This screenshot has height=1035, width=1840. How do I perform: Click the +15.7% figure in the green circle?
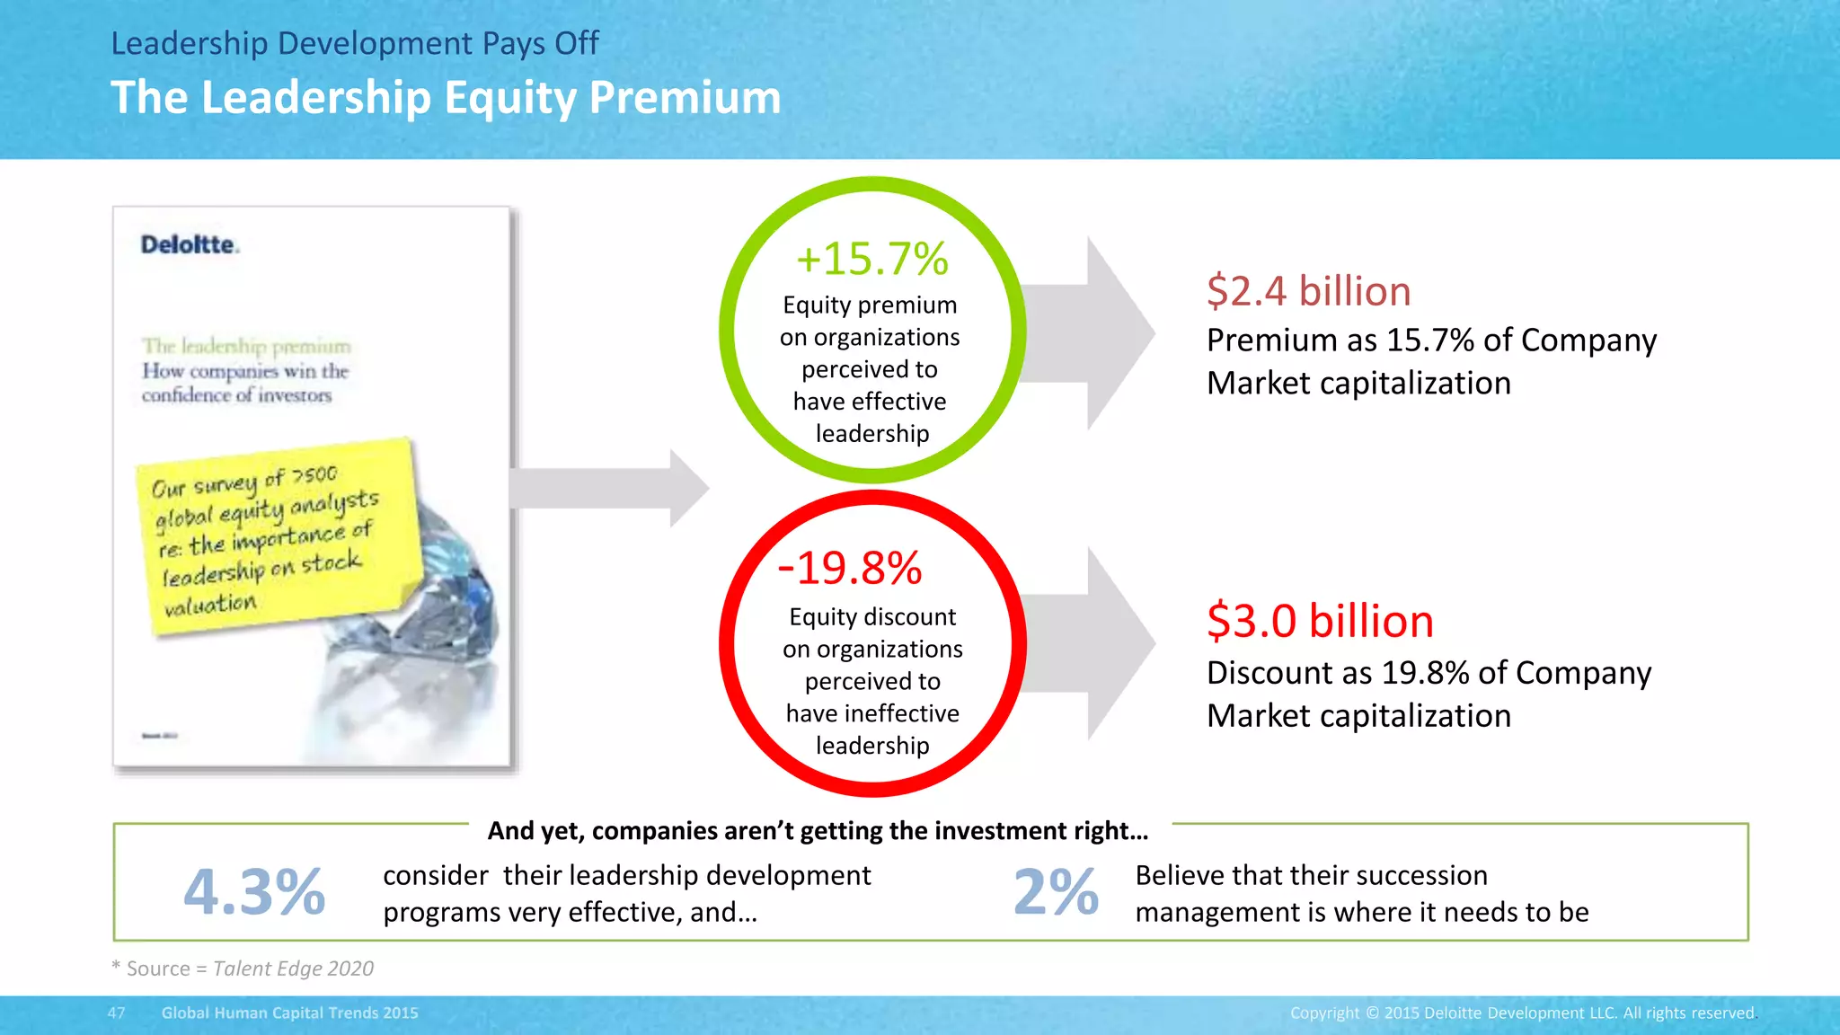(871, 259)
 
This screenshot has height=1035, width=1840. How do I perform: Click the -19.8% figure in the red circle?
(850, 568)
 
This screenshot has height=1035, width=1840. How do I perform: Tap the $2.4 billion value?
(1308, 291)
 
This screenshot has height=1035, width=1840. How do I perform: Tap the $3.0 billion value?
(1319, 621)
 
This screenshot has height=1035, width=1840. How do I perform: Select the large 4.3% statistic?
(254, 891)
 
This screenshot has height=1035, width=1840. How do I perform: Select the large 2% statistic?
(1056, 891)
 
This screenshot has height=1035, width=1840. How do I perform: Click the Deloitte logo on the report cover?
(190, 244)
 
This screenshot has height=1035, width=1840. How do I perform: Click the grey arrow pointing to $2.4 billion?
(1092, 332)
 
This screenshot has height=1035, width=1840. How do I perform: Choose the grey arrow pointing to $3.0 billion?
(1092, 643)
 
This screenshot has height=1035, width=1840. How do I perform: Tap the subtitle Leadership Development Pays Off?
(354, 43)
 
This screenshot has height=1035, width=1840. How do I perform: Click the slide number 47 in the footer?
(117, 1013)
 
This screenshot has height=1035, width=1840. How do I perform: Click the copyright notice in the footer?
(1522, 1013)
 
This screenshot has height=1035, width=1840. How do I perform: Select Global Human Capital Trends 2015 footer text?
(289, 1013)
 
